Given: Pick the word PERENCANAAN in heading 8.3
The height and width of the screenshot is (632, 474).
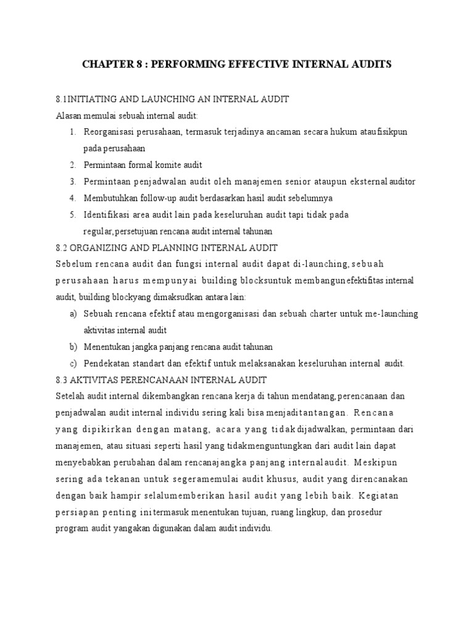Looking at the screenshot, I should pos(148,380).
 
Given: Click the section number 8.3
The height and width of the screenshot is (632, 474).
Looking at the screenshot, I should pos(62,380).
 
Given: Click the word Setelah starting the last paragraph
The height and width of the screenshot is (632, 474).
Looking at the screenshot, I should pos(70,396).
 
